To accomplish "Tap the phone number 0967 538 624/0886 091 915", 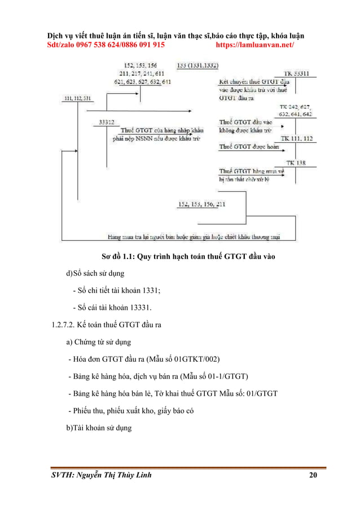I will tap(116, 44).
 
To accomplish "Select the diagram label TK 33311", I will tap(298, 73).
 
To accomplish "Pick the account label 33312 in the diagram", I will tap(107, 121).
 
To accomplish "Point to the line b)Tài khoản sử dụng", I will tap(99, 428).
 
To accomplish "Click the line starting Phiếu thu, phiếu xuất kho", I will tap(130, 410).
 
